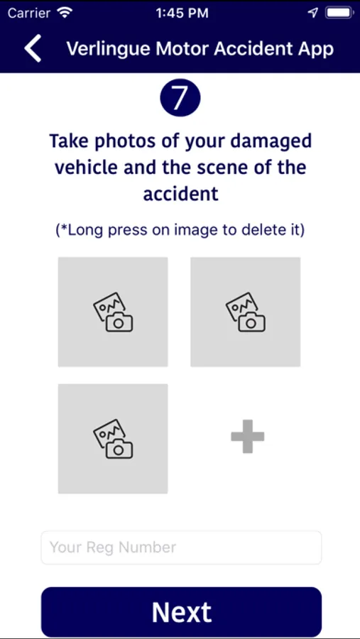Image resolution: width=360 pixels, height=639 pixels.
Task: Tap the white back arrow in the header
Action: pyautogui.click(x=33, y=48)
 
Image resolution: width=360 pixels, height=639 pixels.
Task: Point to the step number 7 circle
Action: pyautogui.click(x=180, y=98)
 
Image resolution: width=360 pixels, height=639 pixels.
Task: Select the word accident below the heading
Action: pyautogui.click(x=180, y=194)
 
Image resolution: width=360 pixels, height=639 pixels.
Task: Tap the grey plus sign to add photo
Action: pyautogui.click(x=248, y=436)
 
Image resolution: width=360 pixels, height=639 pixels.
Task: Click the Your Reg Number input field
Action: pyautogui.click(x=181, y=547)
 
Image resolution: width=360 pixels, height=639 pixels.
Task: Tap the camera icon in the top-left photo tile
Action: pyautogui.click(x=113, y=312)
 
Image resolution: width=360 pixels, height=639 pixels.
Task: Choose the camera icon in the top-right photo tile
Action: pyautogui.click(x=246, y=312)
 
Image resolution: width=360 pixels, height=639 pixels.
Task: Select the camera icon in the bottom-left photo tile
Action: pyautogui.click(x=113, y=439)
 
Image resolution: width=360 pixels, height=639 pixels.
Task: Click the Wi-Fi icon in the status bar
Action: pyautogui.click(x=65, y=13)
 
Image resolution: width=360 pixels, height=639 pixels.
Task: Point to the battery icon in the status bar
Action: pyautogui.click(x=339, y=13)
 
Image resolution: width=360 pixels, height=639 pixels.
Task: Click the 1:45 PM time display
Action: pyautogui.click(x=182, y=13)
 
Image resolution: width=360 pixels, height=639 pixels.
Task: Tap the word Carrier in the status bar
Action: pyautogui.click(x=30, y=13)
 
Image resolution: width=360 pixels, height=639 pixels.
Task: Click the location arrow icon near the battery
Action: pyautogui.click(x=313, y=13)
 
